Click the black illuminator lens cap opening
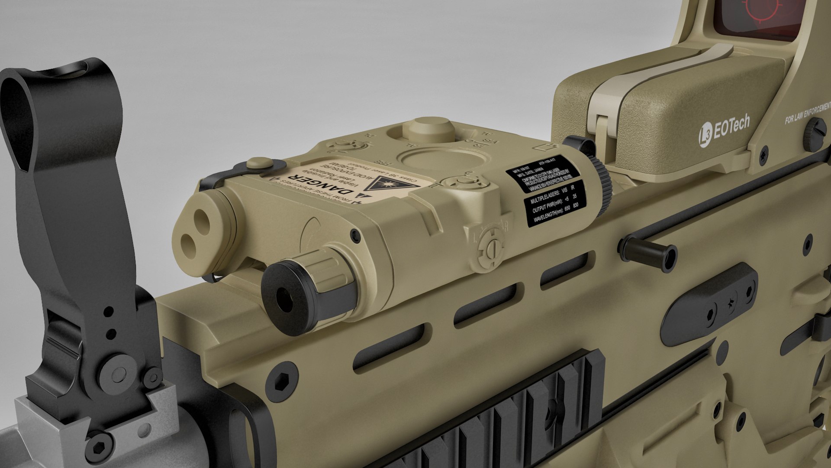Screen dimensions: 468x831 tap(284, 299)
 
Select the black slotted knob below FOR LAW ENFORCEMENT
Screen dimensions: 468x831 tap(816, 134)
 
